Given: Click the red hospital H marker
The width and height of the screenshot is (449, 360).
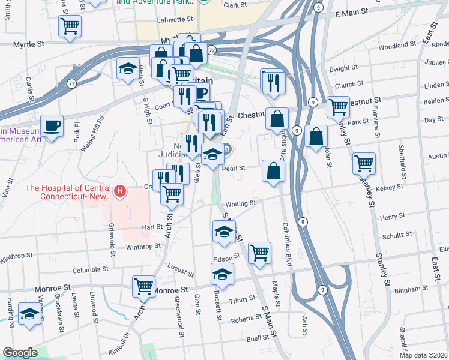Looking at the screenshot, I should coord(121,192).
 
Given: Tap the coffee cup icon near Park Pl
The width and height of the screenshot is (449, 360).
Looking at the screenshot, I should coord(52,126).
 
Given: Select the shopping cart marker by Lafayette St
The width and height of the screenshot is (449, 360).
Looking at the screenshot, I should coord(70,26).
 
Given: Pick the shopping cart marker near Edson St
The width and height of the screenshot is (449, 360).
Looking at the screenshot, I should coord(259,253).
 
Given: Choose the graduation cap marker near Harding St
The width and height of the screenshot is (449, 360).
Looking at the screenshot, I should coord(29,314).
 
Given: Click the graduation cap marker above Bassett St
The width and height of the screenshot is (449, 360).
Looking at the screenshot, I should coord(222,274).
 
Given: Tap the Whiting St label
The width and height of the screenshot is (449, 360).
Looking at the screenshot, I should coord(241,204).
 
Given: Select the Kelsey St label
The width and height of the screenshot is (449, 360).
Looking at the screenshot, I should coord(389,188).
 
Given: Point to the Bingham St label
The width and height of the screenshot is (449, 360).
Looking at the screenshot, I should coord(411,289).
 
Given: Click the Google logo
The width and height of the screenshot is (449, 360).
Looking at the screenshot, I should coord(20,353).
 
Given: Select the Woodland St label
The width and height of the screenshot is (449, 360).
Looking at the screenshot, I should coord(393,46).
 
